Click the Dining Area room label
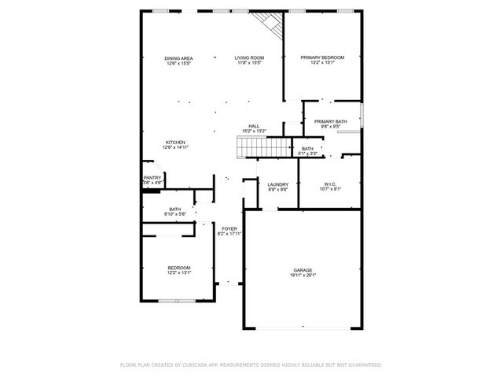point(179,58)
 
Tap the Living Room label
point(251,58)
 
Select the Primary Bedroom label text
point(323,58)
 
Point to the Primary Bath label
point(331,121)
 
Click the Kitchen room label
point(175,143)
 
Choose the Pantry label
point(152,178)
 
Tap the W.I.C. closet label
point(329,185)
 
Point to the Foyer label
point(229,229)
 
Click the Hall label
point(254,126)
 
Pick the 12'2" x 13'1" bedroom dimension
point(179,273)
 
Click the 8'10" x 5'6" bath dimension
point(174,214)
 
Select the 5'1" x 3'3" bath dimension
point(307,154)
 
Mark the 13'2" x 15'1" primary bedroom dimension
point(323,63)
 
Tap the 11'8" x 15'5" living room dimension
point(251,63)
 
